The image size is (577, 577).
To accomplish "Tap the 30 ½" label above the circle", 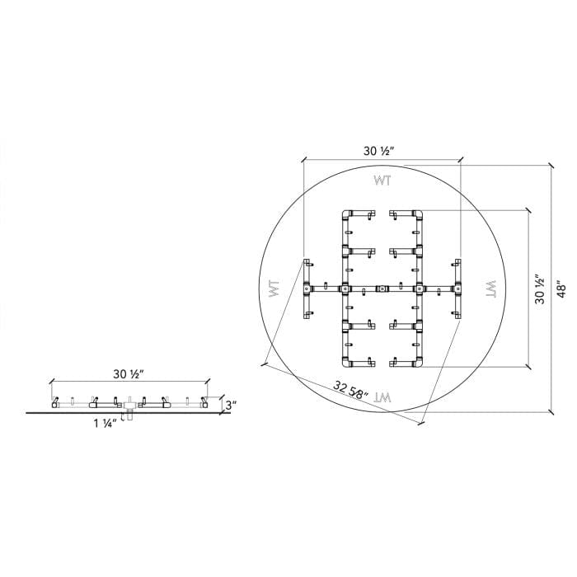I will pos(380,151).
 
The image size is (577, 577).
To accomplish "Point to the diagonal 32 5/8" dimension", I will pos(351,389).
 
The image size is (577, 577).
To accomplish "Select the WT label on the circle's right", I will pos(488,289).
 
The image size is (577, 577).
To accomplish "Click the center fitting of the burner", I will pos(382,288).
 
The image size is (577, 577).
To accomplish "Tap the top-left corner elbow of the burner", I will pos(346,216).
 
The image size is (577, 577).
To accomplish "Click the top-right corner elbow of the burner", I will pos(418,216).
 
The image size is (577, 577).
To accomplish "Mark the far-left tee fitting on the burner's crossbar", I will pos(307,288).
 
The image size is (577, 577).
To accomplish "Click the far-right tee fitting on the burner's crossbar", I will pos(456,288).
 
